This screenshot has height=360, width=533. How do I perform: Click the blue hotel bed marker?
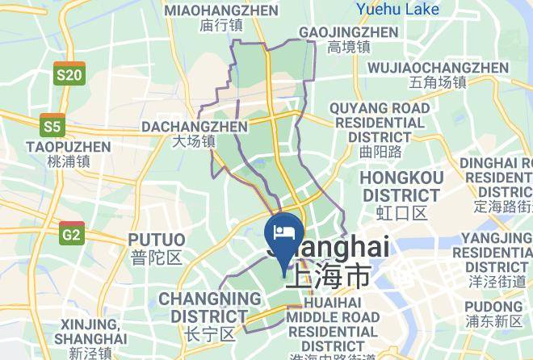[x=284, y=233]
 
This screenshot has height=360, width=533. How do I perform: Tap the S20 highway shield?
[x=69, y=74]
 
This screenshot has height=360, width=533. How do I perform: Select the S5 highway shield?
[x=52, y=126]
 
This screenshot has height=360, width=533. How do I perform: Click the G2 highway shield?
[x=71, y=234]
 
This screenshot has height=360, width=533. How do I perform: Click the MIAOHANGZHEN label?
[x=220, y=10]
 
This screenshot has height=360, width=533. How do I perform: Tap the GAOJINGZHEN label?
[x=348, y=32]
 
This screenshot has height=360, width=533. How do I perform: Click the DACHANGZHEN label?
[x=195, y=127]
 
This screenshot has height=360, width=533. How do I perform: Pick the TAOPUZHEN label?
[x=68, y=146]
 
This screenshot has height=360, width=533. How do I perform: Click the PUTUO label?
[x=156, y=240]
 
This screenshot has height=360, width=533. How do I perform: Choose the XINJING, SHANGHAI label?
[x=94, y=331]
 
